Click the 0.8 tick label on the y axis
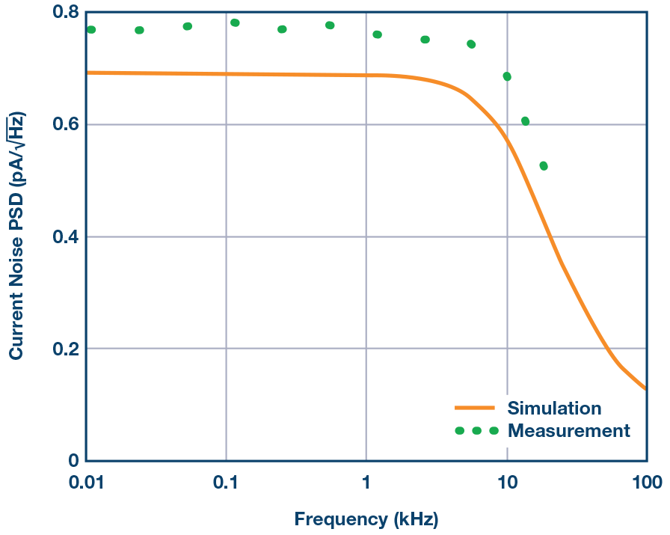point(64,13)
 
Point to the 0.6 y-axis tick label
point(64,125)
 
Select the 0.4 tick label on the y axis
point(64,237)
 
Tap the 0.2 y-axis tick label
point(64,349)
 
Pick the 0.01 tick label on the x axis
point(86,483)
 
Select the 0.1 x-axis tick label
point(226,483)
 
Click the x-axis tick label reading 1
point(366,483)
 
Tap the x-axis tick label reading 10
point(507,483)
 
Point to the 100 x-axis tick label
point(646,483)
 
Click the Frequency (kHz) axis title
point(366,519)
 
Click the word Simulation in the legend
point(554,408)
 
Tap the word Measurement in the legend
point(568,431)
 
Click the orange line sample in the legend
point(475,409)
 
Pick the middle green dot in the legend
point(476,431)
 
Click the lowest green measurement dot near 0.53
point(544,166)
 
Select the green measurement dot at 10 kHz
point(507,76)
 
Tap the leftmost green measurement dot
point(91,30)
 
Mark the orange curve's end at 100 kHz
point(645,388)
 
